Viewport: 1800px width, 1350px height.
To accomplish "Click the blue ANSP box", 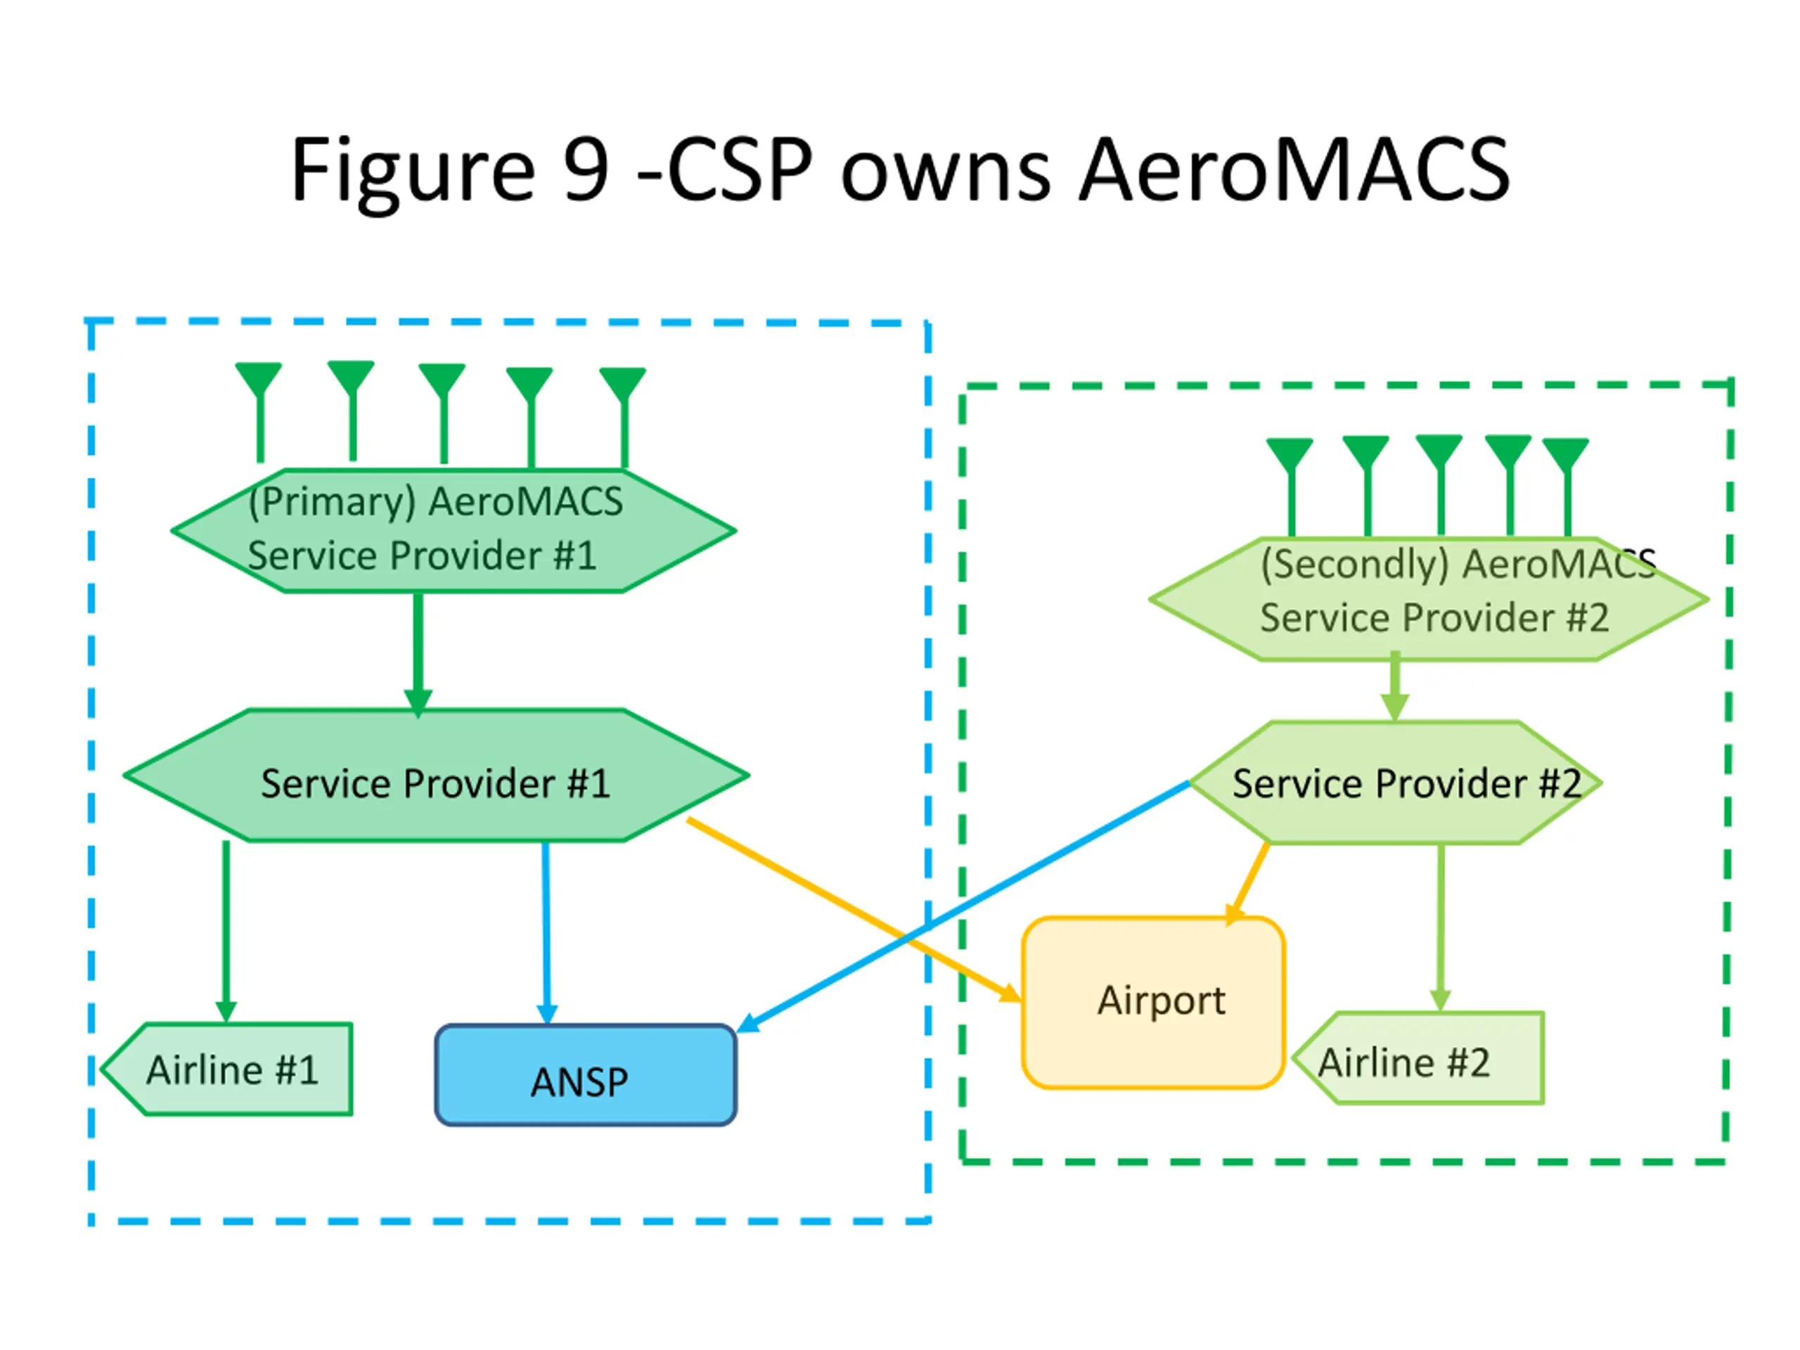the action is [x=586, y=1075].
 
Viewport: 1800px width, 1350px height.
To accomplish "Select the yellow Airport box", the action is [x=1153, y=1003].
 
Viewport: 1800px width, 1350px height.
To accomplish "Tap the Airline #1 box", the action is [x=227, y=1069].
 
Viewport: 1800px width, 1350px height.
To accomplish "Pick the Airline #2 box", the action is [x=1418, y=1058].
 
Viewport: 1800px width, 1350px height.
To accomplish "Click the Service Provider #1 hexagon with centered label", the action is [x=436, y=776].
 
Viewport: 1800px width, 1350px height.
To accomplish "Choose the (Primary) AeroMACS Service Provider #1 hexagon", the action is [x=454, y=531].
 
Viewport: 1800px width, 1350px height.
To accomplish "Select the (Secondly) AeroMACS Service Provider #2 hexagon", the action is [x=1428, y=599].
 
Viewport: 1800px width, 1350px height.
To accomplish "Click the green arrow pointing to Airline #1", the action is [x=226, y=931].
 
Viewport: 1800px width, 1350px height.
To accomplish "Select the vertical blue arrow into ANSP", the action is [x=546, y=933].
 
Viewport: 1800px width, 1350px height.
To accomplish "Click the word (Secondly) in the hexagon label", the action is [x=1355, y=565].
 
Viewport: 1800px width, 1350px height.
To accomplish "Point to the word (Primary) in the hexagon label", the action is [x=332, y=502].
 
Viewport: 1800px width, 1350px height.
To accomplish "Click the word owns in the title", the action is [x=946, y=172].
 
